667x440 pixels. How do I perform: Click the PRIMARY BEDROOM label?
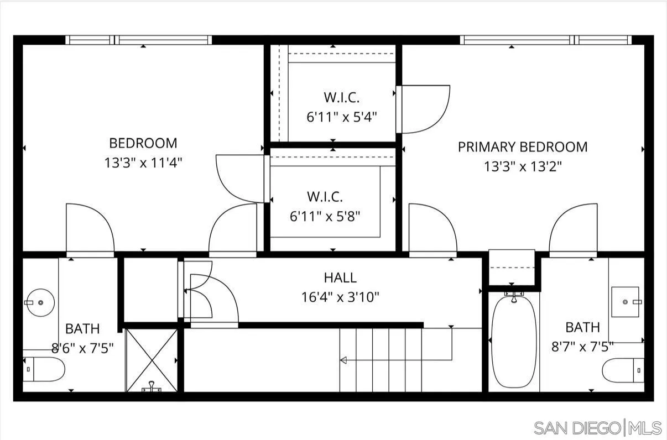click(522, 147)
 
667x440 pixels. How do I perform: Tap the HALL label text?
click(340, 277)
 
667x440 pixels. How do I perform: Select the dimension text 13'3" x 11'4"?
click(143, 163)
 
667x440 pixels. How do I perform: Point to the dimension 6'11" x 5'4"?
click(341, 117)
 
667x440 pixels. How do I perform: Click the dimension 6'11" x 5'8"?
click(325, 216)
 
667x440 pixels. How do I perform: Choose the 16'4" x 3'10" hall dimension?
click(340, 297)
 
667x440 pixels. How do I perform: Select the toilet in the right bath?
click(623, 370)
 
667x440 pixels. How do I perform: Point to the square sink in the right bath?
click(625, 301)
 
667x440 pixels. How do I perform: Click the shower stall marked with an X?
click(152, 360)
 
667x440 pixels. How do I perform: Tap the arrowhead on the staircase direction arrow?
click(343, 360)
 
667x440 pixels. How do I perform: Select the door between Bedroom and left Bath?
click(90, 229)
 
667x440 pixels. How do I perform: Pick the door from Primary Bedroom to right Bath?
click(573, 229)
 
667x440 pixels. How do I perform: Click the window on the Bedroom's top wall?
click(138, 40)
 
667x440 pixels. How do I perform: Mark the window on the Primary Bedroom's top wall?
click(545, 40)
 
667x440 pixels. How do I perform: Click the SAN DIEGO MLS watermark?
click(597, 427)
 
